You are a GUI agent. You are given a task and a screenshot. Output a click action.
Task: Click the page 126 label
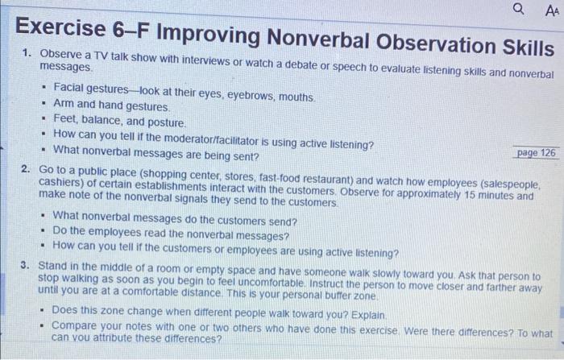point(536,152)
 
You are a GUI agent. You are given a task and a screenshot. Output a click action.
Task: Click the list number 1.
point(27,53)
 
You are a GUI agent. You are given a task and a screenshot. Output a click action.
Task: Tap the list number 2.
point(27,170)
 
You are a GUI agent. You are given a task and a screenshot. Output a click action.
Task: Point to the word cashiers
point(61,184)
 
